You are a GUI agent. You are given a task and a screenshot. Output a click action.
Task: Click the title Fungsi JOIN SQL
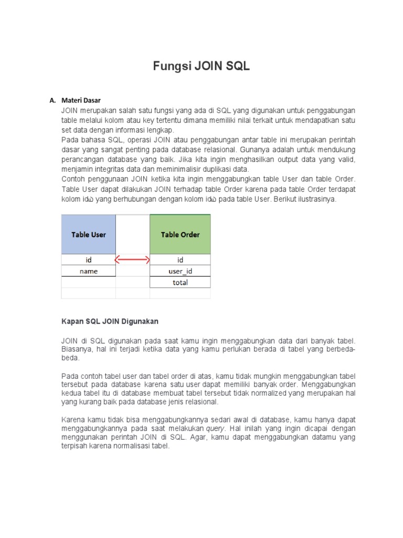[201, 66]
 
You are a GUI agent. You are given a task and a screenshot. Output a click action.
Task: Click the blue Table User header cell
[88, 234]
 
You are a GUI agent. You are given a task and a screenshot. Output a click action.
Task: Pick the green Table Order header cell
[180, 234]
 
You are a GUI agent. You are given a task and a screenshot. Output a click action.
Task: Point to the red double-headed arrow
[132, 260]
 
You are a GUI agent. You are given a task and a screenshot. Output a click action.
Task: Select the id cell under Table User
[88, 260]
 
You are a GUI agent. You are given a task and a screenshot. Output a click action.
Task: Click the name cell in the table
[88, 271]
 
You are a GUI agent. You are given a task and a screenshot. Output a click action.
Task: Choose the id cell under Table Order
[180, 260]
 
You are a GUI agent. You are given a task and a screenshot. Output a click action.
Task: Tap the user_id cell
[180, 271]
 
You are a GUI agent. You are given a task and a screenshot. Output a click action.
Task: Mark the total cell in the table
[180, 283]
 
